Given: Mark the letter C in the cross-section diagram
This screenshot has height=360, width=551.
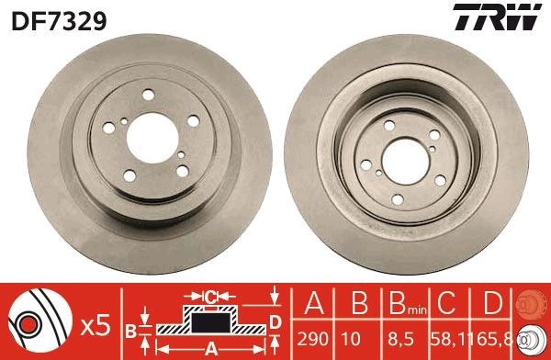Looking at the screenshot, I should click(x=210, y=298).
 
